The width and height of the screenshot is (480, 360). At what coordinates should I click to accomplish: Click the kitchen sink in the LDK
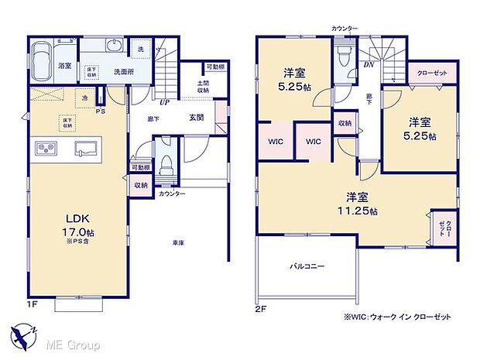click(x=86, y=148)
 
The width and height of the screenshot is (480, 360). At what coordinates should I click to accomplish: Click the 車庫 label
click(x=178, y=243)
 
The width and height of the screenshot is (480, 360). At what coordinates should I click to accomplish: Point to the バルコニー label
click(x=307, y=266)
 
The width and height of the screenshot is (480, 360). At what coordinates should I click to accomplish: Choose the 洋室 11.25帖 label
click(x=355, y=204)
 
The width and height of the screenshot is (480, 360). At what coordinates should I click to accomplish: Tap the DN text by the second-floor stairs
click(x=369, y=65)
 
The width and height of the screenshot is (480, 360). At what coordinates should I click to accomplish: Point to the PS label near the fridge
click(x=99, y=111)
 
